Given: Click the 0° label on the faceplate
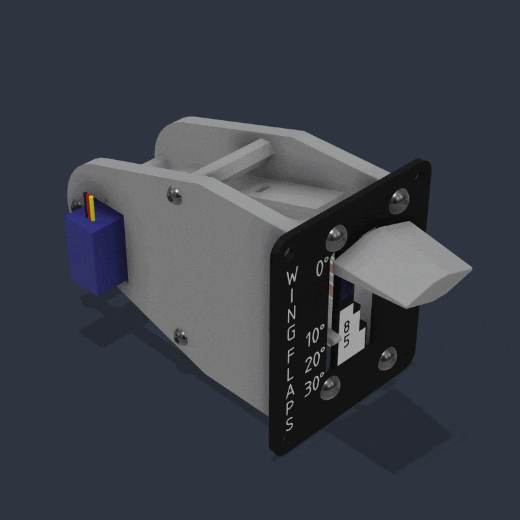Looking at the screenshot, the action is coord(322,266).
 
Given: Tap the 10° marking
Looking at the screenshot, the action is coord(315,335).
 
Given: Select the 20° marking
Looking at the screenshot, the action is coord(315,360).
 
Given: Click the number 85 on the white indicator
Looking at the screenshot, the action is coord(346,334).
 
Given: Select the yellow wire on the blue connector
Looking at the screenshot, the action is coord(92,208).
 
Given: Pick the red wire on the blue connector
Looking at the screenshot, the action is coord(88,205).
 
